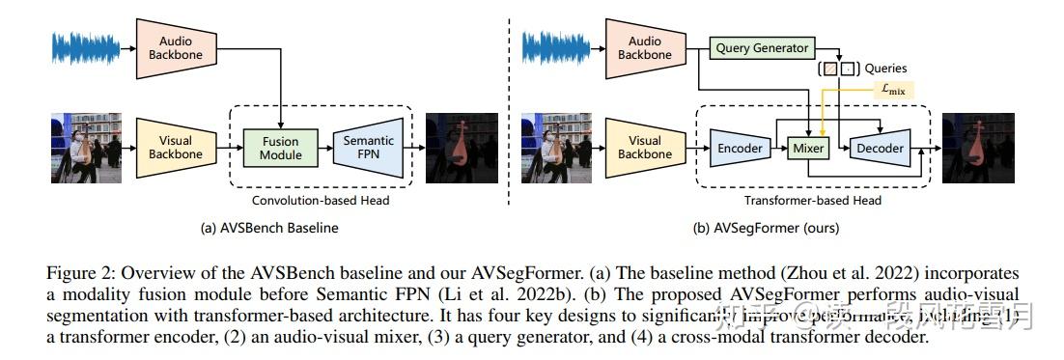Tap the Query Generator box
pyautogui.click(x=761, y=46)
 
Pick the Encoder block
pyautogui.click(x=741, y=149)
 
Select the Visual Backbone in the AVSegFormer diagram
pyautogui.click(x=644, y=148)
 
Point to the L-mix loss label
pyautogui.click(x=892, y=89)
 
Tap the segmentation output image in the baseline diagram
pyautogui.click(x=462, y=148)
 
